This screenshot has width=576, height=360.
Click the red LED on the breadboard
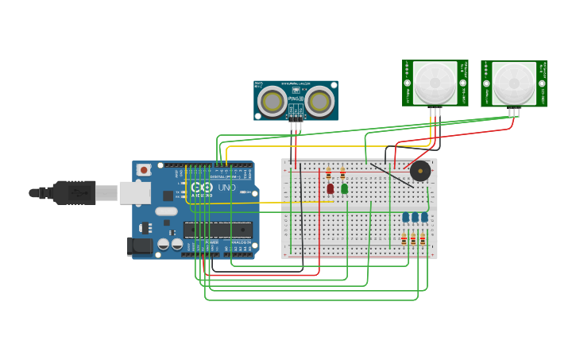coord(330,188)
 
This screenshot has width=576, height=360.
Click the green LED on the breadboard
coord(344,188)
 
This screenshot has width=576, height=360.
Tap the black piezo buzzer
coord(420,171)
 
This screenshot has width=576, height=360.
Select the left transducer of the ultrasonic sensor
coord(273,101)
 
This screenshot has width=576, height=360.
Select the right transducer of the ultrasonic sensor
coord(319,101)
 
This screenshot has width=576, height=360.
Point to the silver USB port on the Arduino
coord(135,192)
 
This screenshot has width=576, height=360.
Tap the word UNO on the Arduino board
coord(226,188)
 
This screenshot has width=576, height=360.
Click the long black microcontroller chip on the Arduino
coord(218,230)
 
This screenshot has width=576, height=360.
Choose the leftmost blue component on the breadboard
coord(405,217)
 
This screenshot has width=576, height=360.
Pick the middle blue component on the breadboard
coord(415,217)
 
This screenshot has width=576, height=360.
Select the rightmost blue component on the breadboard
coord(424,217)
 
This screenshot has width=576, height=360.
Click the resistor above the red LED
coord(328,173)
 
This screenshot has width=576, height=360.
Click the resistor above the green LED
coord(342,173)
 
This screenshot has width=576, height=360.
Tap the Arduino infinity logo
coord(202,188)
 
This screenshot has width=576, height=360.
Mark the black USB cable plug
coord(75,192)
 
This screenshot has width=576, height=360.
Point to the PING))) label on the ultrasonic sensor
coord(296,99)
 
